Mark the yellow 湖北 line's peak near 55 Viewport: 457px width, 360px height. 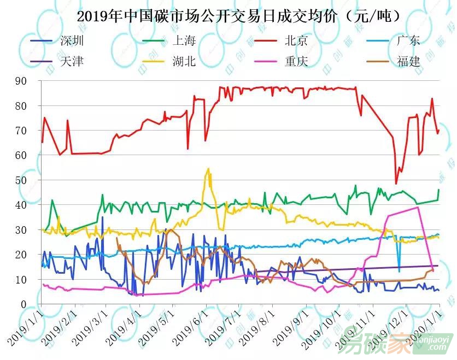[208, 169]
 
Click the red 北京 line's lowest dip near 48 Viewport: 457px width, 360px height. [396, 183]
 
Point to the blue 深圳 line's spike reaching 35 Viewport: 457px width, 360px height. [102, 217]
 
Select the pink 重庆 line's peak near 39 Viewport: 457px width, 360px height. [418, 207]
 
